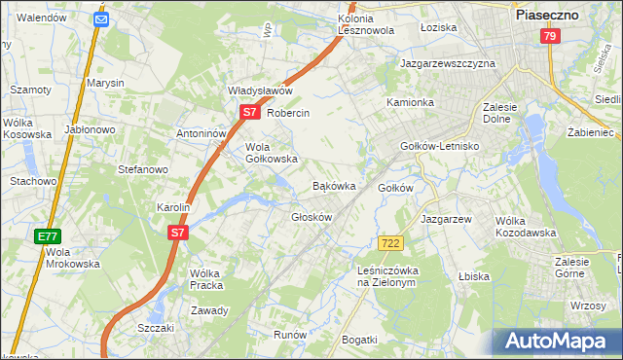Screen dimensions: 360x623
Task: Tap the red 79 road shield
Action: pyautogui.click(x=550, y=37)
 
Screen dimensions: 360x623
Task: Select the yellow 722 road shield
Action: pyautogui.click(x=391, y=242)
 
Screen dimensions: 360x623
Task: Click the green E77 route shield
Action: pyautogui.click(x=48, y=236)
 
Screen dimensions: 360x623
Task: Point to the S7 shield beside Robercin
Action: pyautogui.click(x=250, y=113)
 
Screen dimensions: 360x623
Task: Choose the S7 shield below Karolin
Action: pyautogui.click(x=176, y=233)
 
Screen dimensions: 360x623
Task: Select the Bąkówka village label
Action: pyautogui.click(x=333, y=185)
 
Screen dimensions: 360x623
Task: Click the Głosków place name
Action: pyautogui.click(x=311, y=216)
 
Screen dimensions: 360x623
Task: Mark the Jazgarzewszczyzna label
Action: pyautogui.click(x=448, y=63)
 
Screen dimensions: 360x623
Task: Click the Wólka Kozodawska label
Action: pyautogui.click(x=525, y=227)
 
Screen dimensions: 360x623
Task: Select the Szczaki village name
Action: pyautogui.click(x=156, y=328)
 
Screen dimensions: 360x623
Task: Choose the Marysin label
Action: pyautogui.click(x=105, y=84)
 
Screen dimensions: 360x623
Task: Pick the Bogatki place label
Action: pyautogui.click(x=359, y=339)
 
